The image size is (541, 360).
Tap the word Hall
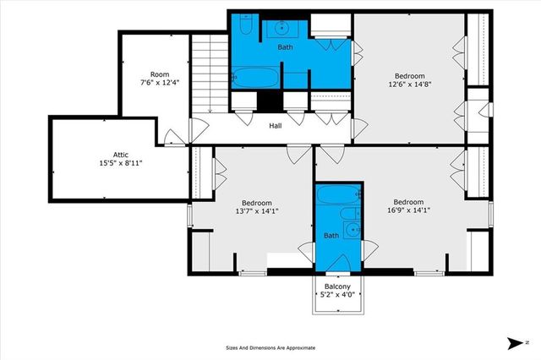click(x=276, y=127)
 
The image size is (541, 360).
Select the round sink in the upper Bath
click(x=281, y=29)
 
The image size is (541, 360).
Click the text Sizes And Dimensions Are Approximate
click(x=270, y=347)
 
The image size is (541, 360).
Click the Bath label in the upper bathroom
click(x=287, y=47)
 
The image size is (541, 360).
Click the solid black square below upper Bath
click(x=269, y=100)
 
